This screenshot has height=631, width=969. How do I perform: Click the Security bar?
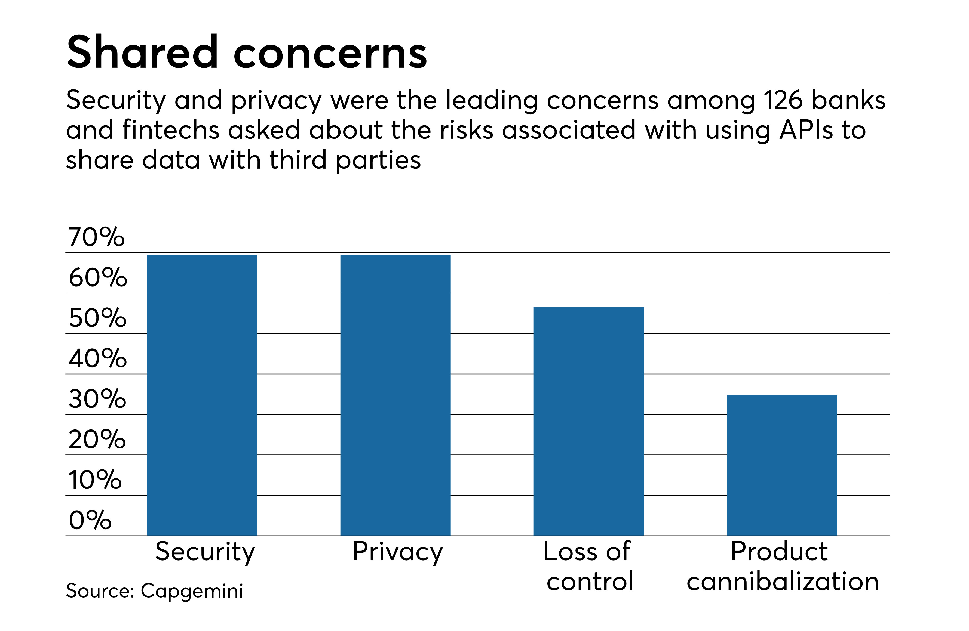pyautogui.click(x=202, y=395)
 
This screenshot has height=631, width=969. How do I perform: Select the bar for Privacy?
pyautogui.click(x=395, y=395)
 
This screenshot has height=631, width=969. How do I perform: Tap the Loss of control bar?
pyautogui.click(x=588, y=421)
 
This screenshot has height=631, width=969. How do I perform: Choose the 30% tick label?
pyautogui.click(x=97, y=399)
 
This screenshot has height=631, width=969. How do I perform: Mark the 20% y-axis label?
pyautogui.click(x=97, y=440)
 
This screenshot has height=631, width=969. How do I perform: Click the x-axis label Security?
pyautogui.click(x=205, y=552)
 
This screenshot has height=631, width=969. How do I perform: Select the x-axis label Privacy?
pyautogui.click(x=397, y=552)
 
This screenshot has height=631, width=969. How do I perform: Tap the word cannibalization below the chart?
pyautogui.click(x=783, y=581)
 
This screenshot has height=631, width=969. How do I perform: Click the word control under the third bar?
pyautogui.click(x=590, y=581)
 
